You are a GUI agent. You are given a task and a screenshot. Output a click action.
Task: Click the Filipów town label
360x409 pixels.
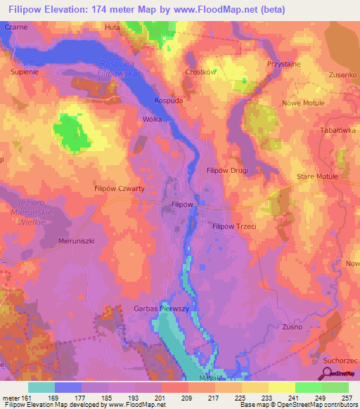(x=182, y=204)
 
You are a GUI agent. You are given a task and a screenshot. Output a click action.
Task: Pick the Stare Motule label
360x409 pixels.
(x=318, y=176)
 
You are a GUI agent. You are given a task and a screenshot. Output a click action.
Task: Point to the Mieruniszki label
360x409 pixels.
(x=76, y=240)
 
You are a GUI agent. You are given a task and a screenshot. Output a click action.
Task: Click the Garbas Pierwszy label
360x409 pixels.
(x=162, y=308)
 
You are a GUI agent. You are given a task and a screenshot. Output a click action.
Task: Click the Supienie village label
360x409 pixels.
(x=28, y=72)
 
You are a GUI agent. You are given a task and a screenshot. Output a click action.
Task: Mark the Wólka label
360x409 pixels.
(x=153, y=119)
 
